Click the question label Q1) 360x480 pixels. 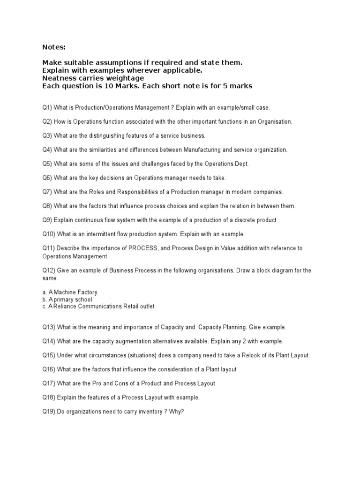coord(47,108)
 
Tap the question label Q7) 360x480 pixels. coord(47,192)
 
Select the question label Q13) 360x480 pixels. coord(49,327)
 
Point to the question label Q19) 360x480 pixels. coord(49,412)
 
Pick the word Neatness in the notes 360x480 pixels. coord(59,78)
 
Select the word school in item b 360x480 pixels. coord(82,300)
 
